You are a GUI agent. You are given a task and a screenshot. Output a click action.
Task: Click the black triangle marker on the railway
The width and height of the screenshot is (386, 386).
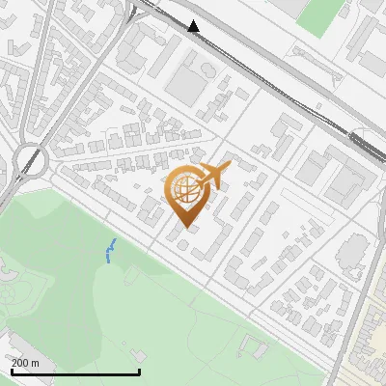194,26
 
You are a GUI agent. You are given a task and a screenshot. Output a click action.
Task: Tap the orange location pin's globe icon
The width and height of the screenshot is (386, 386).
185,189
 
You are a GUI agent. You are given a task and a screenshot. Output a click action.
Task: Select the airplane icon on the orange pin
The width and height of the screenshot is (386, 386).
215,176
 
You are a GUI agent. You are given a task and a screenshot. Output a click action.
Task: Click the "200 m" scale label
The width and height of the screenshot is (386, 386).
26,363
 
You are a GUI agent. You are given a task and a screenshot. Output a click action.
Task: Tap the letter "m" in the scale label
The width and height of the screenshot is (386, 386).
36,363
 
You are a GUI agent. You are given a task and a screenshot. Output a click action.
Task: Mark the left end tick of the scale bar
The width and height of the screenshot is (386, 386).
12,372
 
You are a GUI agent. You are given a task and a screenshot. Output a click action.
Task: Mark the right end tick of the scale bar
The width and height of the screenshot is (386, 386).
140,372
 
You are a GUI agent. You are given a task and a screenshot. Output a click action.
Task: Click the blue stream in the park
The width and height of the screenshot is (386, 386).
110,251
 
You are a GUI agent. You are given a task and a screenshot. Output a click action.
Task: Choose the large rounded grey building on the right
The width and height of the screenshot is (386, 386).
354,253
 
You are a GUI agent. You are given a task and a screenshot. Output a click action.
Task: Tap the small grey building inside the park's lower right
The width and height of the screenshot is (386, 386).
254,345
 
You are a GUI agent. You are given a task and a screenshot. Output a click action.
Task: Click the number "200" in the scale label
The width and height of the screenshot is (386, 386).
20,363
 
